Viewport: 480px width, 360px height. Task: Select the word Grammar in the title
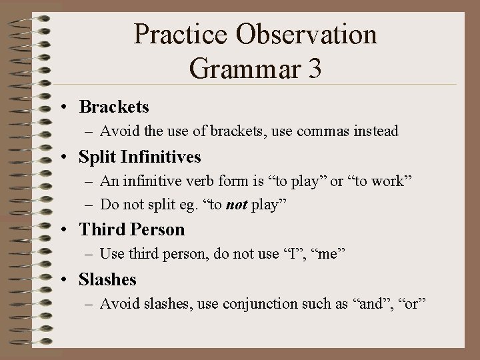242,68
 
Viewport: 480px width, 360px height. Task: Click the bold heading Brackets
114,107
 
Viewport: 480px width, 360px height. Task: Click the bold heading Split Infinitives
140,157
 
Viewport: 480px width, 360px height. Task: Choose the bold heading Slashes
107,280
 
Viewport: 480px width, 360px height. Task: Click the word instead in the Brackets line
375,131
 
